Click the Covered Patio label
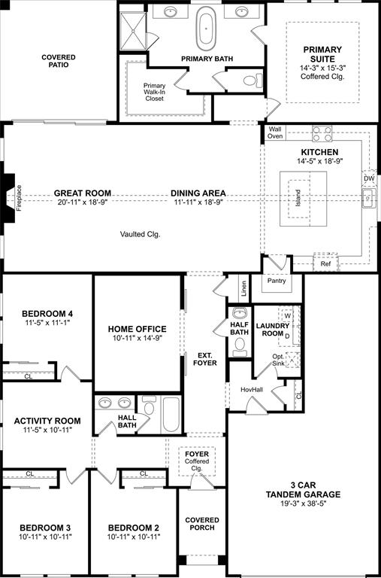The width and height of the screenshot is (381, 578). point(58,61)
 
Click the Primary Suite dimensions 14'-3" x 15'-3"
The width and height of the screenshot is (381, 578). point(322,67)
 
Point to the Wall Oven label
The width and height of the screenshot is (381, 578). point(274,132)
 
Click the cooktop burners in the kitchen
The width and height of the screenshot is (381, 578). point(322,133)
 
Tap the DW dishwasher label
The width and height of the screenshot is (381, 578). point(369,178)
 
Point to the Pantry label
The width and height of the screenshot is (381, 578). point(275,280)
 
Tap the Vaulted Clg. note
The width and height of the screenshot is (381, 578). point(140,234)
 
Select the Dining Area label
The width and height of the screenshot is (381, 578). point(198,193)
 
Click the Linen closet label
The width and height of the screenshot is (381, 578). point(243,287)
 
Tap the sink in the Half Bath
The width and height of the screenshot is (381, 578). point(240,314)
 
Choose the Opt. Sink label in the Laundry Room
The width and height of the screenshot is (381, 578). point(279,360)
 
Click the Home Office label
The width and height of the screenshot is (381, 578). point(138,329)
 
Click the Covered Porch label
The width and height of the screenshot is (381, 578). point(202,524)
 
